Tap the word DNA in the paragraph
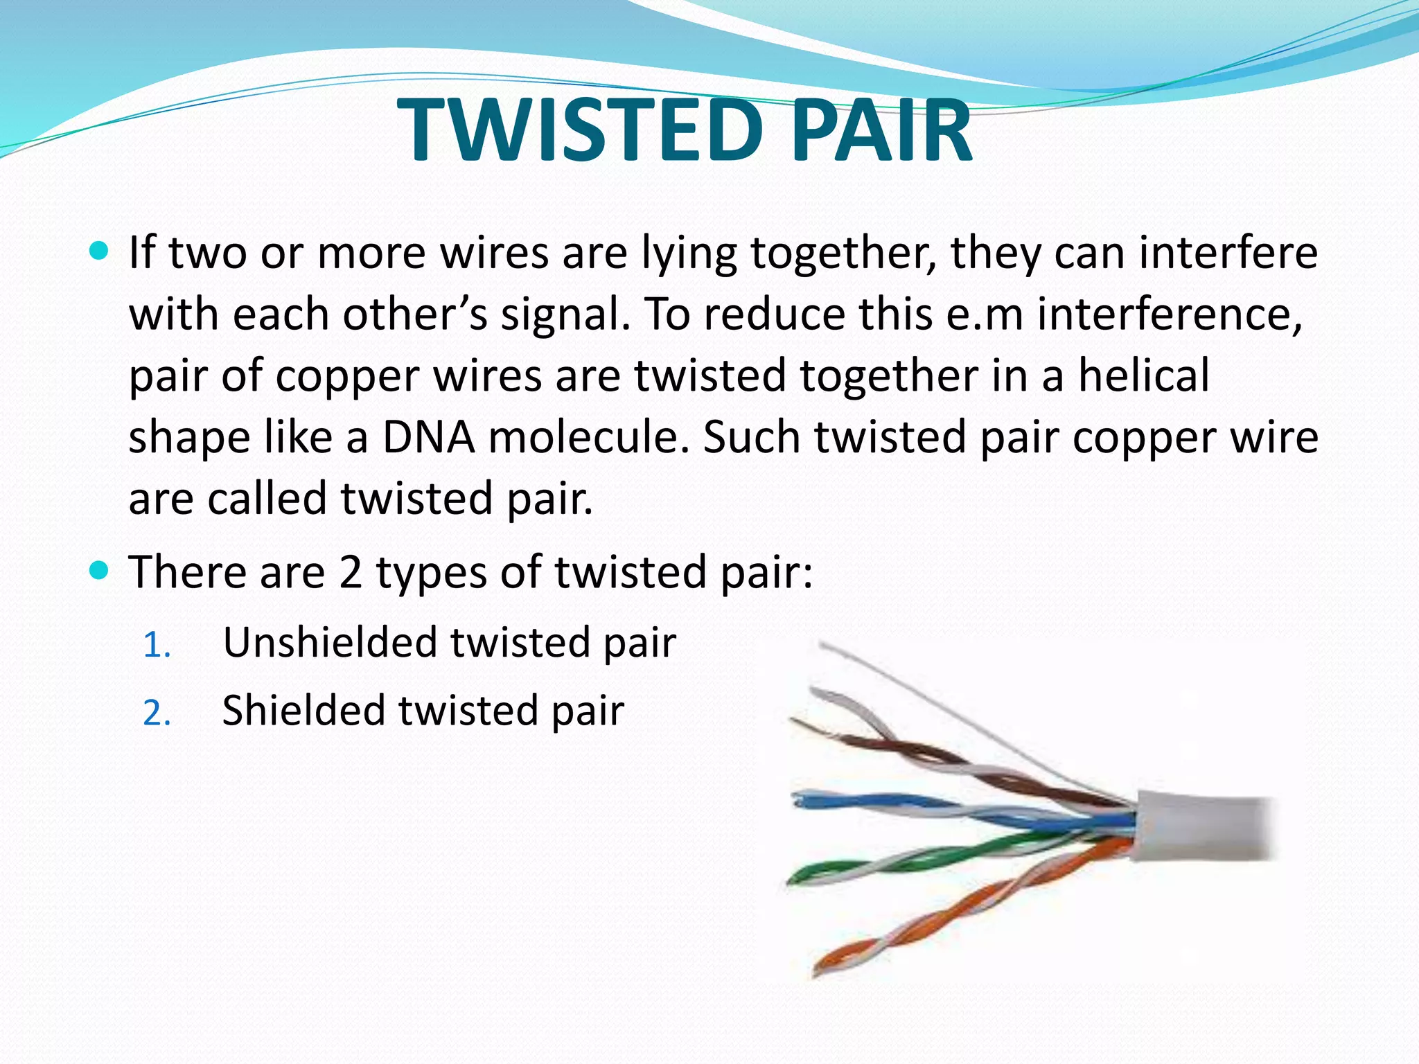coord(429,438)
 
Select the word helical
coord(1144,376)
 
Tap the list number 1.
coord(157,646)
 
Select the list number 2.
coord(157,713)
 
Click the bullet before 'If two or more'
coord(100,251)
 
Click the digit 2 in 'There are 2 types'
coord(351,574)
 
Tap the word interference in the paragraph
coord(1170,314)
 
